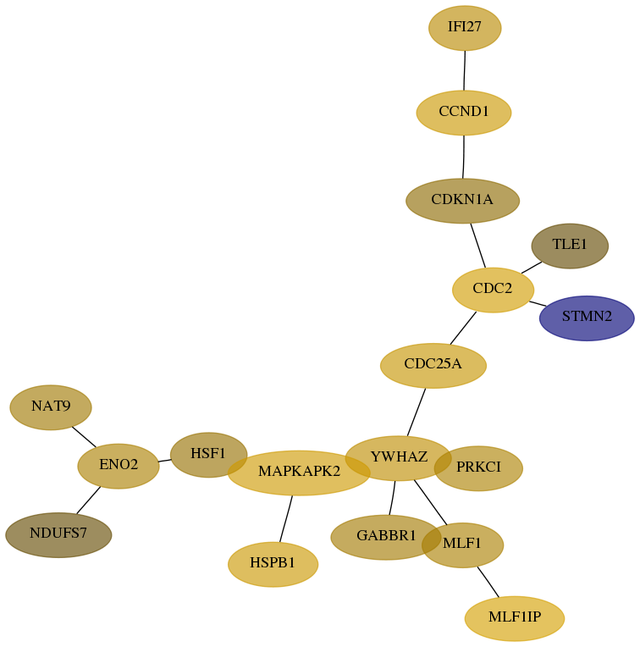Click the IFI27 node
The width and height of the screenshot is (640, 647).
pyautogui.click(x=465, y=28)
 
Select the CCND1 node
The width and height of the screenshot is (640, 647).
pyautogui.click(x=464, y=113)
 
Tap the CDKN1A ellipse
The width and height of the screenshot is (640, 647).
pyautogui.click(x=462, y=201)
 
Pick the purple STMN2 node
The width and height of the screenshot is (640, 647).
pyautogui.click(x=587, y=318)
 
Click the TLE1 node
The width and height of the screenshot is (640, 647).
pyautogui.click(x=570, y=246)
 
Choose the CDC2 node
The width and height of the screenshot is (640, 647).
pyautogui.click(x=493, y=290)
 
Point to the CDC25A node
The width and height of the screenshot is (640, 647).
pyautogui.click(x=433, y=366)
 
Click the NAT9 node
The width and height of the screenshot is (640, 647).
pyautogui.click(x=50, y=407)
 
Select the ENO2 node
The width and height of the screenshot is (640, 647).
pyautogui.click(x=119, y=466)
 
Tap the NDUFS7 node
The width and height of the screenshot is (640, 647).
pyautogui.click(x=58, y=534)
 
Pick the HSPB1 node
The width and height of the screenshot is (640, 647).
pyautogui.click(x=273, y=564)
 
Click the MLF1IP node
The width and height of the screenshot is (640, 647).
pyautogui.click(x=514, y=618)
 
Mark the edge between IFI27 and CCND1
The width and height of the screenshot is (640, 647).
pyautogui.click(x=464, y=70)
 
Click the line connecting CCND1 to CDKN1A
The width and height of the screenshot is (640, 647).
pyautogui.click(x=464, y=157)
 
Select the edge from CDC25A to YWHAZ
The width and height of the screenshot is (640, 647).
pyautogui.click(x=416, y=412)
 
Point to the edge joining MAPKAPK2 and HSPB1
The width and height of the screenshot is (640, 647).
pyautogui.click(x=286, y=518)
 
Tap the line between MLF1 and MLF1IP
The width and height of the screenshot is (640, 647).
pyautogui.click(x=488, y=582)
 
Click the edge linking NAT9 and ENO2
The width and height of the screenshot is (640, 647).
pyautogui.click(x=84, y=437)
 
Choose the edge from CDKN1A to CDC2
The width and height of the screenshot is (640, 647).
pyautogui.click(x=478, y=246)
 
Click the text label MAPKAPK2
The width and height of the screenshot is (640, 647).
pyautogui.click(x=299, y=471)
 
